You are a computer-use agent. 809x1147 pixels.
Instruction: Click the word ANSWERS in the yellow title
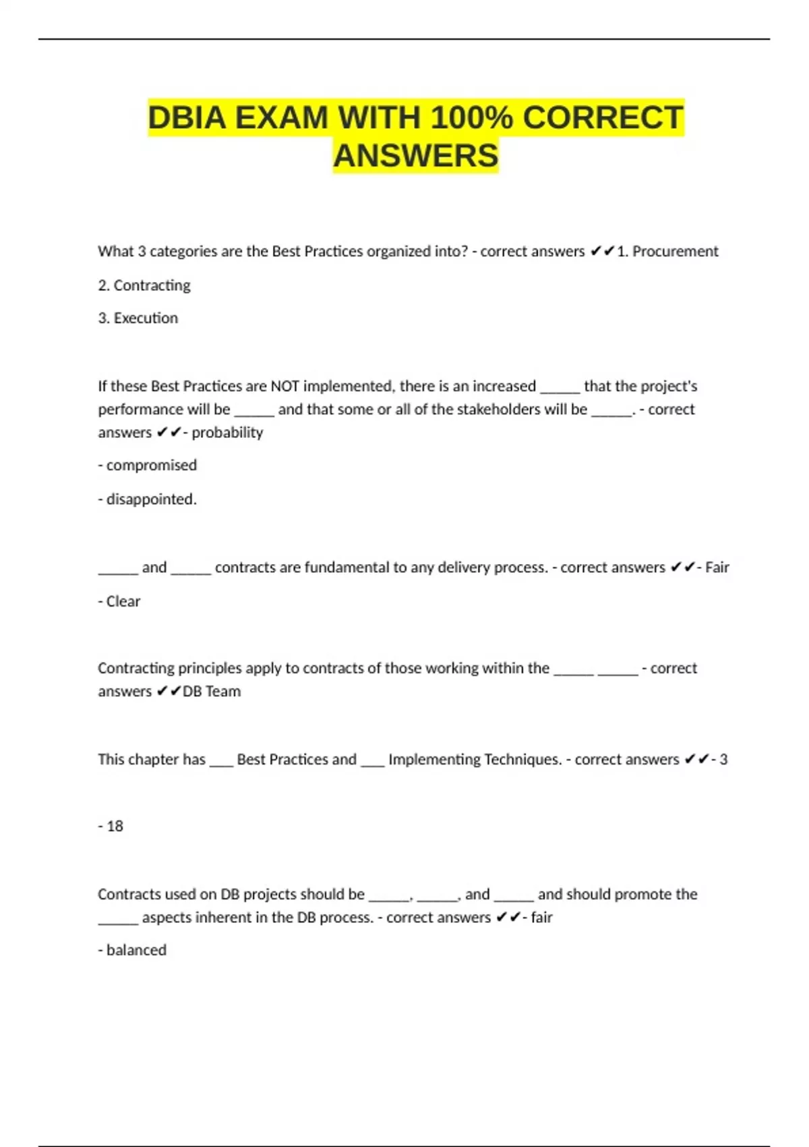[x=415, y=156]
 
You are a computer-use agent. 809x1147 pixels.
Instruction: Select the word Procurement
[x=675, y=252]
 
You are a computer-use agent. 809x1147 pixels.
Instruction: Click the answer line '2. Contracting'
[x=144, y=285]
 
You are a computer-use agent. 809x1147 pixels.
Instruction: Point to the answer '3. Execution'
[x=138, y=318]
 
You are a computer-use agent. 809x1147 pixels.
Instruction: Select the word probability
[x=227, y=432]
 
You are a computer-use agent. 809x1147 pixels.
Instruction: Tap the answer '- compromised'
[x=148, y=466]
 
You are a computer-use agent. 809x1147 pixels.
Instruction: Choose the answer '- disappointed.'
[x=148, y=499]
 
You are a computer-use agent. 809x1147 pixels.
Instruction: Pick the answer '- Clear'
[x=119, y=601]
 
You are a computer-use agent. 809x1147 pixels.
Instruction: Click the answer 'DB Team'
[x=212, y=692]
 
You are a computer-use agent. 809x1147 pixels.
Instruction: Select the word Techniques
[x=522, y=760]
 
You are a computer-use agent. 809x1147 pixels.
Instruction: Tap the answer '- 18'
[x=111, y=827]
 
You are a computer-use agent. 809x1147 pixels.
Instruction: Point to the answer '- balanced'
[x=132, y=950]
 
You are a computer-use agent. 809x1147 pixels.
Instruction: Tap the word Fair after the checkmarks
[x=717, y=567]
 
